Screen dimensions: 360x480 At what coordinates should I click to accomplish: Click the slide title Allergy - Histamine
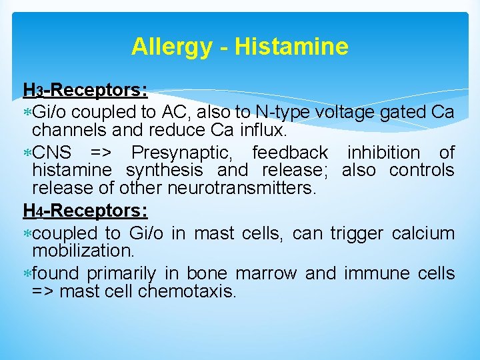(x=239, y=47)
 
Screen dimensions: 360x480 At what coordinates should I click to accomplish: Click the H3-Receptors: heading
(x=85, y=90)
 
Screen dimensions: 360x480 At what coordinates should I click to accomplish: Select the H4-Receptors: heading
(x=85, y=211)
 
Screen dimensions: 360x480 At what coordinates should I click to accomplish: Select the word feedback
(x=290, y=153)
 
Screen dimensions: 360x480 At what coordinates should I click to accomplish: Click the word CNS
(x=49, y=153)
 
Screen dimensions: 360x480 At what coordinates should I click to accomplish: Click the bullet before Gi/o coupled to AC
(x=27, y=111)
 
